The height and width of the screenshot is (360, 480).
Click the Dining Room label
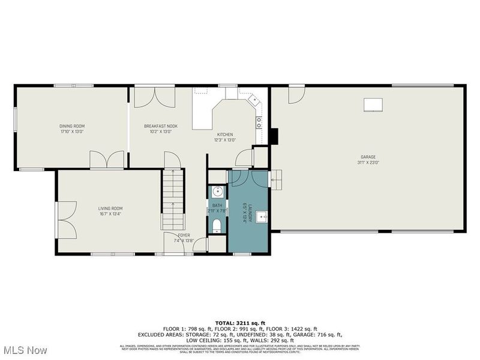71,126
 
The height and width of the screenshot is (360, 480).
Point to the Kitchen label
225,134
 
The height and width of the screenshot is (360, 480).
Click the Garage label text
368,157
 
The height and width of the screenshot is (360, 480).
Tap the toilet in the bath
217,226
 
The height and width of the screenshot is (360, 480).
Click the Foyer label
184,235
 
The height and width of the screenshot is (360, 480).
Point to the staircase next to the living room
173,198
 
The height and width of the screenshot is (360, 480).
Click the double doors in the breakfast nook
155,97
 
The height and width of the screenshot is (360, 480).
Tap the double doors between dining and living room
107,160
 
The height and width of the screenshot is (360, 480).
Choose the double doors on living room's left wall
65,220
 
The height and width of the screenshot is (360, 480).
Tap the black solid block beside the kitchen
274,136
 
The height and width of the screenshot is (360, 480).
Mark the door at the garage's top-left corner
296,95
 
